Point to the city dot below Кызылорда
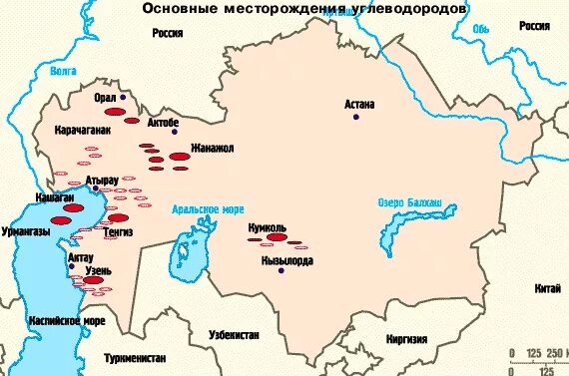point(282,270)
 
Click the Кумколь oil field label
point(269,227)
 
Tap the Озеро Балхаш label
point(417,206)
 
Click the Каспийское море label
point(66,322)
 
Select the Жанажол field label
point(206,148)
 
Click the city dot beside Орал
point(123,98)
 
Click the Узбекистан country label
point(235,335)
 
